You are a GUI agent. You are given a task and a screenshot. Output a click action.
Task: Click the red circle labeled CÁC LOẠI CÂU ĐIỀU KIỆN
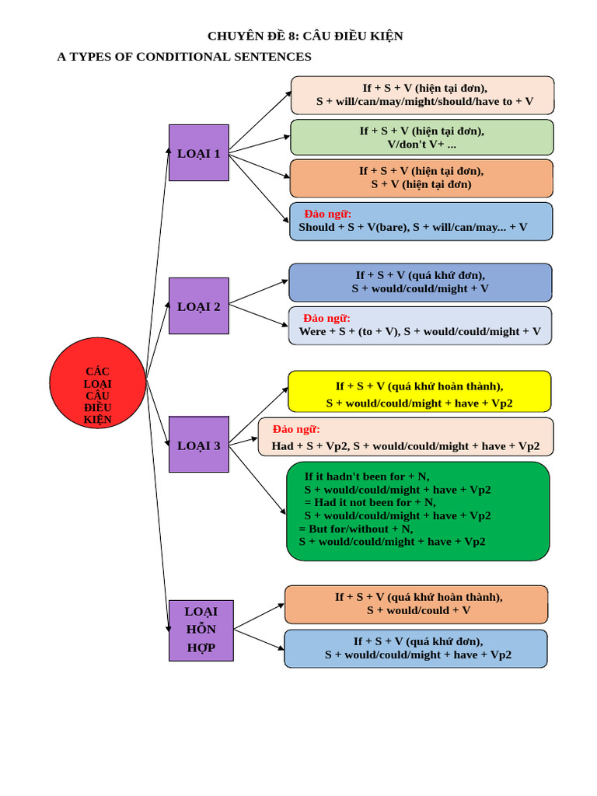click(x=97, y=382)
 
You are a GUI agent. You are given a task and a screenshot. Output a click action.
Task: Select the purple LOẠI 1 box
click(x=198, y=153)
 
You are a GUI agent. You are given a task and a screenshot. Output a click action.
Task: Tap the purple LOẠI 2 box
click(x=198, y=305)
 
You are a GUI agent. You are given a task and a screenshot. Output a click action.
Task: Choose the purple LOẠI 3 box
click(x=198, y=444)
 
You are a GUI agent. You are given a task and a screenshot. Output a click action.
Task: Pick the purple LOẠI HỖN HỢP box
click(x=201, y=630)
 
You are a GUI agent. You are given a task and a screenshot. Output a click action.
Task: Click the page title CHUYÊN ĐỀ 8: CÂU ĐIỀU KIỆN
click(x=305, y=36)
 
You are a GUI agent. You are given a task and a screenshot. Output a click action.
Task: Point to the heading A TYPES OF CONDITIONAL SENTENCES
click(x=184, y=56)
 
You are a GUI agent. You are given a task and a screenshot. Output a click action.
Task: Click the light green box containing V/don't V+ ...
click(x=422, y=137)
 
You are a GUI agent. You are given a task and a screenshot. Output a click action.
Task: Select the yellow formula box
click(x=419, y=392)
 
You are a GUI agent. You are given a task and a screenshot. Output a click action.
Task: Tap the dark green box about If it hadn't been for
click(x=418, y=511)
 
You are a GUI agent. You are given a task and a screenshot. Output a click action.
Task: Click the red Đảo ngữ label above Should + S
click(x=327, y=214)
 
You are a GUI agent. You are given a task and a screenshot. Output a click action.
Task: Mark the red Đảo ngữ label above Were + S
click(x=326, y=318)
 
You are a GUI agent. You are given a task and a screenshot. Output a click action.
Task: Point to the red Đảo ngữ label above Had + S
click(x=296, y=429)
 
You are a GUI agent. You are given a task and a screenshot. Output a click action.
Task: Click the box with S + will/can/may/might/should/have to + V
click(x=422, y=95)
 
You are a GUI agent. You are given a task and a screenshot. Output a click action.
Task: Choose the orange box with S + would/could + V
click(x=417, y=604)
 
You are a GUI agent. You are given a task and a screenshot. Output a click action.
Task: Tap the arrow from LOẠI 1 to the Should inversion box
click(x=259, y=187)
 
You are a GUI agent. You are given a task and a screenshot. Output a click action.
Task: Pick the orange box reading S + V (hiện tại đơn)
click(x=421, y=178)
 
